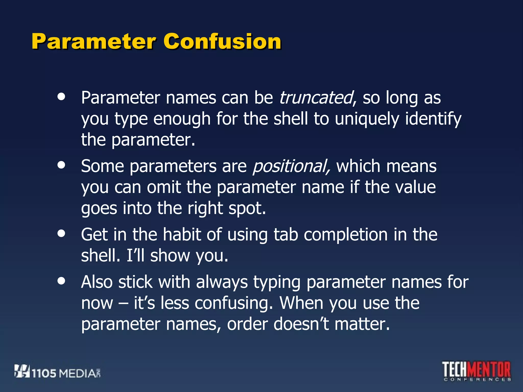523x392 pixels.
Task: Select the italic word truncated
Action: [316, 98]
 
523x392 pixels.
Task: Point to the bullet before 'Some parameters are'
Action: [61, 165]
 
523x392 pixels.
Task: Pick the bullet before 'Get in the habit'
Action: [61, 233]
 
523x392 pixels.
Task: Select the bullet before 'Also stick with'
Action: [61, 281]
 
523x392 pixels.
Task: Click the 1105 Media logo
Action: [58, 372]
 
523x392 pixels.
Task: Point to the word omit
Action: [164, 187]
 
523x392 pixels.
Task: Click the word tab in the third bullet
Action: [286, 235]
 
